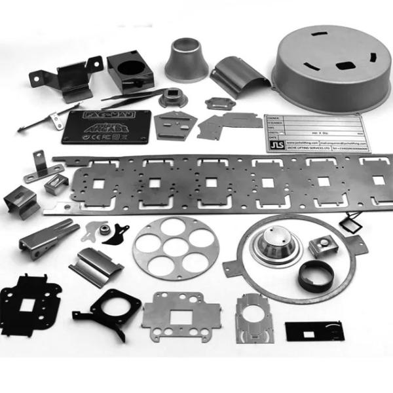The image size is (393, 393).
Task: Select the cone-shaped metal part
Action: coord(187,60)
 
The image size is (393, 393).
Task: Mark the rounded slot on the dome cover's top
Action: coord(343,64)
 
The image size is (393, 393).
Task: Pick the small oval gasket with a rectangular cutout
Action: coord(215,103)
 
